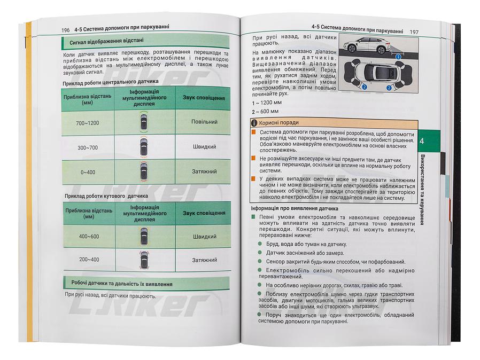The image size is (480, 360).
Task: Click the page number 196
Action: point(66,30)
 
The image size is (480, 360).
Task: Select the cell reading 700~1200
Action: point(88,123)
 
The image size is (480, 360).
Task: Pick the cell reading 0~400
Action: point(88,172)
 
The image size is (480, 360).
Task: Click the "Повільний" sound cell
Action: point(204,122)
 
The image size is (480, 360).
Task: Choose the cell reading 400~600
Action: point(89,236)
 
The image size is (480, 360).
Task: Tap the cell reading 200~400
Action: point(89,260)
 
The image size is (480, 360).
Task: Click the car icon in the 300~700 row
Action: point(143,147)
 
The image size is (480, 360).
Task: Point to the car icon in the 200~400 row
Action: point(143,260)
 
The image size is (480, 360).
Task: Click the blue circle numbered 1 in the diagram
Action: point(397,55)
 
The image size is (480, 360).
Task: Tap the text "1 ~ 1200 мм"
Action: point(266,102)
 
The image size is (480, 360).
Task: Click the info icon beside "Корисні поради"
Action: point(254,122)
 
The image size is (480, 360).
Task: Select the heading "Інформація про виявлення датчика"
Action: point(297,209)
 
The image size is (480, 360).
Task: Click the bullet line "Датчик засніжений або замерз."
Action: point(305,253)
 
